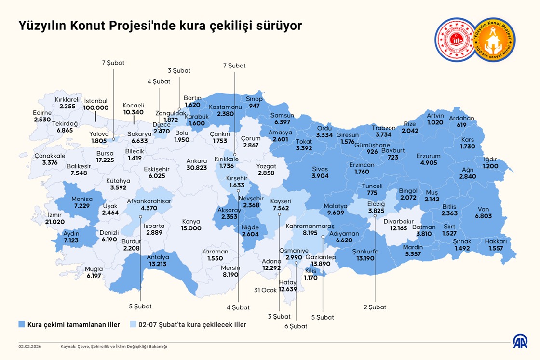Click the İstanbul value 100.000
point(96,108)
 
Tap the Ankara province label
point(196,160)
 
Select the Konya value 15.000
point(191,228)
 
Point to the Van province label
point(484,210)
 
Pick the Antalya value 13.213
point(158,264)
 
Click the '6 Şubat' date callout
point(296,326)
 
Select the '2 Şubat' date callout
point(375,307)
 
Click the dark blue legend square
point(22,324)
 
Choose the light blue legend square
point(133,324)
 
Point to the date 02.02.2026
point(30,346)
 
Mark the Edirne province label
point(42,113)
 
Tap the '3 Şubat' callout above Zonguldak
point(179,70)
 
